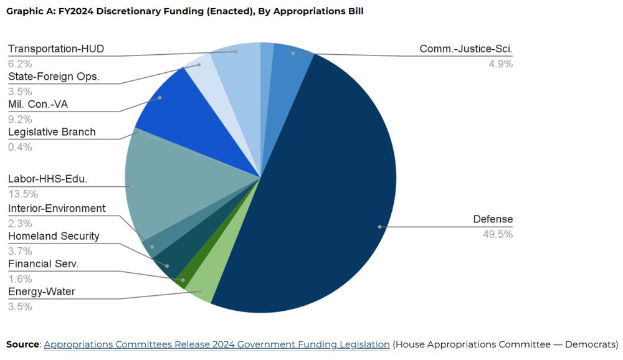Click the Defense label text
[493, 219]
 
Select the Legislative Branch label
[52, 132]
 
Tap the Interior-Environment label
[57, 209]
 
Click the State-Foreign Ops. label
[54, 77]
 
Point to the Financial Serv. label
[44, 264]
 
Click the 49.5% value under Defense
[498, 234]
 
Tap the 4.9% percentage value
[501, 64]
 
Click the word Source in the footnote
[22, 344]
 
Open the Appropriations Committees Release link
[217, 344]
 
